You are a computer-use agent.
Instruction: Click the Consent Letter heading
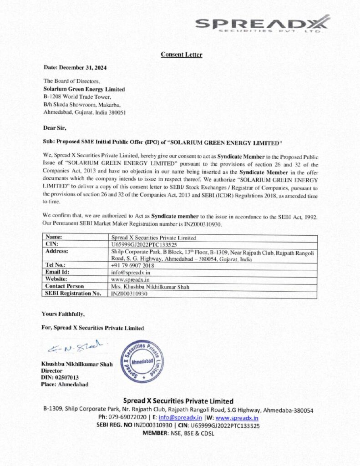[x=181, y=55]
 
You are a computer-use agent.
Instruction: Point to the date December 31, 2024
[x=75, y=67]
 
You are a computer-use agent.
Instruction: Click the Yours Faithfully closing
[x=63, y=314]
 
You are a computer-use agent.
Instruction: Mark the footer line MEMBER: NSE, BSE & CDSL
[x=178, y=434]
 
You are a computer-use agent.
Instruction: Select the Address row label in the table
[x=57, y=251]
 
